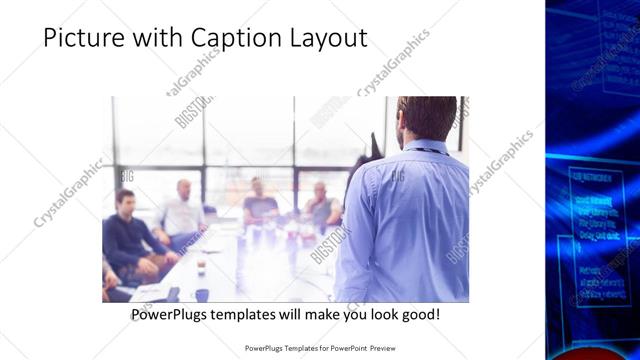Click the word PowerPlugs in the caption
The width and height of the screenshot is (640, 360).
[x=172, y=315]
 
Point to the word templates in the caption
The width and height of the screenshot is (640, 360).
[x=254, y=315]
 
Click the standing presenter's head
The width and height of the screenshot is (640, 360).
[x=419, y=118]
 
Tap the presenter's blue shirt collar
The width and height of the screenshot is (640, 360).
[x=424, y=147]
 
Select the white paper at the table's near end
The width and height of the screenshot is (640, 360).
[x=150, y=292]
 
